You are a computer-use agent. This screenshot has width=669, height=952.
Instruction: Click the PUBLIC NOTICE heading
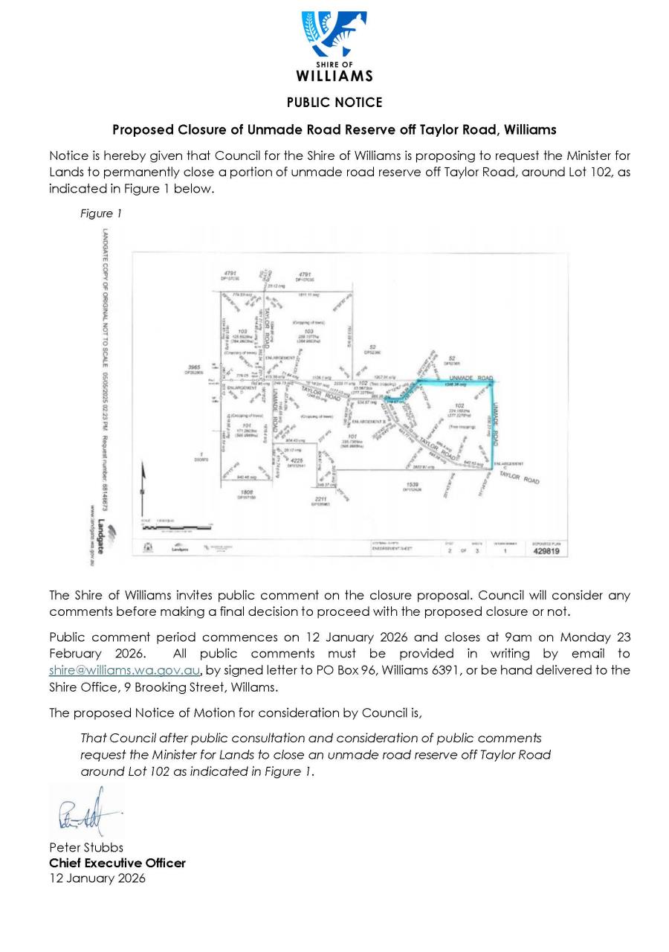point(334,103)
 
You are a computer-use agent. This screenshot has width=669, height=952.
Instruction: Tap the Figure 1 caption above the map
point(100,213)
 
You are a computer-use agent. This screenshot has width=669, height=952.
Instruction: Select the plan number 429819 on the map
point(546,551)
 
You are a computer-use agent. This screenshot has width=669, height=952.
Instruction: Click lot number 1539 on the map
point(413,484)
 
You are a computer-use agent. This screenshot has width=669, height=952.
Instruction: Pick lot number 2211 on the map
point(320,498)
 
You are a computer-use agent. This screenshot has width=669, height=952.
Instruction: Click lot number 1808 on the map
point(247,492)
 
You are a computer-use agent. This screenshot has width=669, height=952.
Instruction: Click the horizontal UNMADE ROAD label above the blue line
point(471,379)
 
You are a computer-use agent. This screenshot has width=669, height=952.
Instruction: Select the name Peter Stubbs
point(86,847)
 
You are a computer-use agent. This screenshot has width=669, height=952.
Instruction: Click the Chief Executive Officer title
point(117,863)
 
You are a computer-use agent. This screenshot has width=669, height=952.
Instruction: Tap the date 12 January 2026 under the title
point(97,878)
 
